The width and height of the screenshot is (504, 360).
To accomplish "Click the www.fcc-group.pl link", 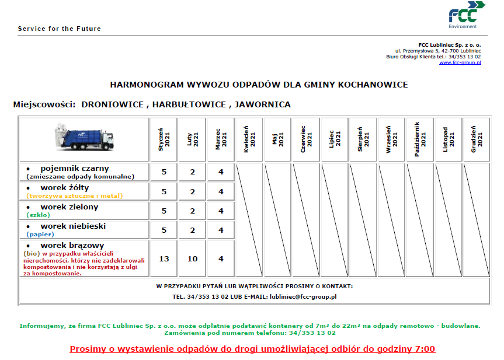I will [460, 62].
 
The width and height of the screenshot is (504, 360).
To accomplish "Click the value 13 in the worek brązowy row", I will [164, 258].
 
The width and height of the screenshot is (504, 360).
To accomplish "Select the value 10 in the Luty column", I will [193, 258].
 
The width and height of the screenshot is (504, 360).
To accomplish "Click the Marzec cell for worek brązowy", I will [221, 258].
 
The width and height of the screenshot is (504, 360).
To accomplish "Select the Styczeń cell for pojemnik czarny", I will [164, 173].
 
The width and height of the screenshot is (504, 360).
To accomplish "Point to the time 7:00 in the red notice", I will [424, 349].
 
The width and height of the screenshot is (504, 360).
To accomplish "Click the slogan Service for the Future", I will [59, 29].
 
